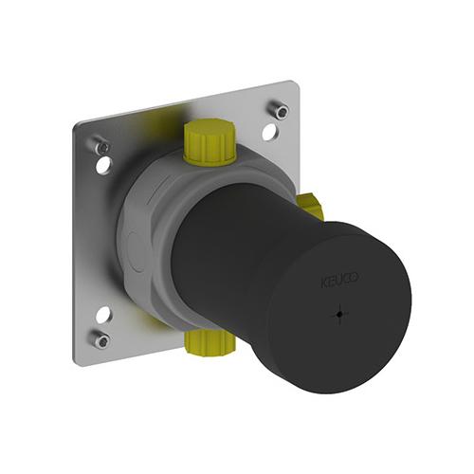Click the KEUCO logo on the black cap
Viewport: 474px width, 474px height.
coord(339,281)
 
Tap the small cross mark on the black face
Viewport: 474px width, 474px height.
coord(339,314)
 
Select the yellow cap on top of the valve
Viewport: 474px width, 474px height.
coord(210,142)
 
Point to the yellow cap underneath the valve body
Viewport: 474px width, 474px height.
coord(210,343)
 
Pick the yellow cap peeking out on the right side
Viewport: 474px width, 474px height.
coord(311,207)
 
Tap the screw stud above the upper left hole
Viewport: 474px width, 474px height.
coord(101,146)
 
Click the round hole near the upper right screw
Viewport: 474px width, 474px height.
coord(269,132)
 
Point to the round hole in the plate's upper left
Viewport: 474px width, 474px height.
coord(104,165)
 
